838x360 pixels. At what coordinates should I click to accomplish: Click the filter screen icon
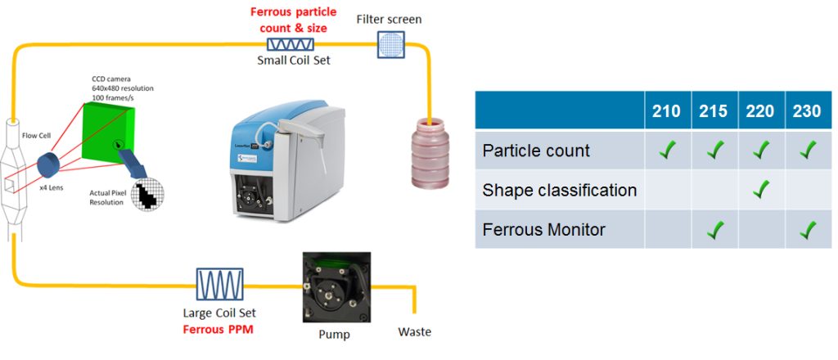390,44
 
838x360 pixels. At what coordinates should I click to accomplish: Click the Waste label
414,331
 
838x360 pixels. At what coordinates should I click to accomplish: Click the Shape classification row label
560,190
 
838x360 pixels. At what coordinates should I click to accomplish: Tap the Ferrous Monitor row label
544,229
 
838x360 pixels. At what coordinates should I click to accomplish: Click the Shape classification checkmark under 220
761,190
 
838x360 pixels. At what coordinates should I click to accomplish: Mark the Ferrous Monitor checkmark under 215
714,229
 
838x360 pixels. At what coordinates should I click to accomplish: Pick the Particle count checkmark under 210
668,151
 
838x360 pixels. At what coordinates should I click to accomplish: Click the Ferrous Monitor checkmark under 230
807,229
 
